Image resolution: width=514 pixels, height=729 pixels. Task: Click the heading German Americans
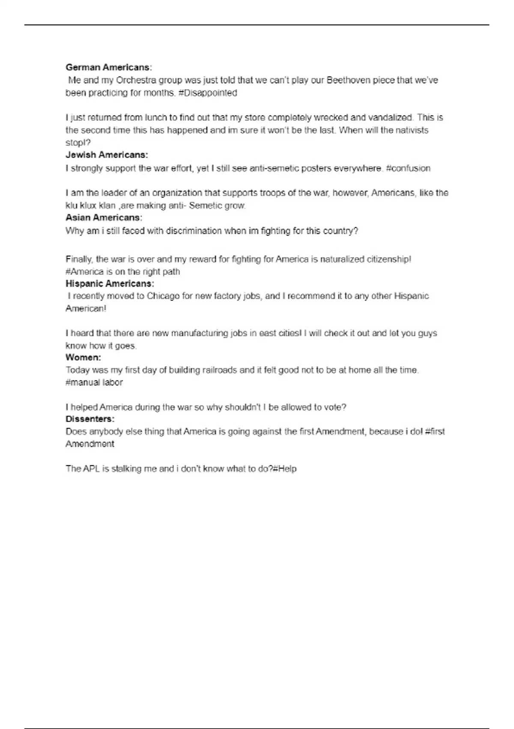tap(108, 67)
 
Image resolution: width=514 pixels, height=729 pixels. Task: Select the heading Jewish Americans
tap(107, 155)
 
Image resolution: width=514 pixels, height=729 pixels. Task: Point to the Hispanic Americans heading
tap(110, 283)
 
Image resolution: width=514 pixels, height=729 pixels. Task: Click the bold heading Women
tap(83, 357)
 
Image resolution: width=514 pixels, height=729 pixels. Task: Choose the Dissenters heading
tap(90, 419)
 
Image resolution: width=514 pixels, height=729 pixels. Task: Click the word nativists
tap(411, 130)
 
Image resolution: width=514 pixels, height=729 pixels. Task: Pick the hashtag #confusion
tap(408, 168)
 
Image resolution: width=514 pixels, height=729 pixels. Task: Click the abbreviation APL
tap(91, 469)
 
